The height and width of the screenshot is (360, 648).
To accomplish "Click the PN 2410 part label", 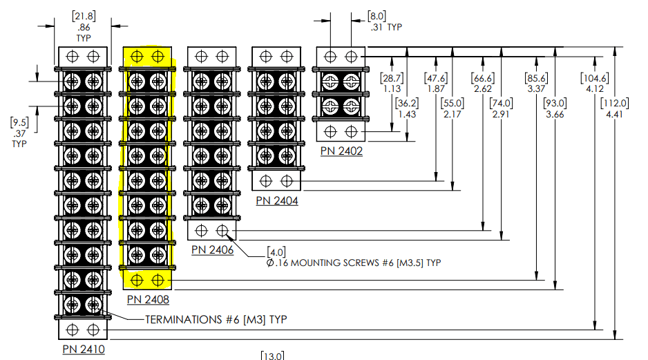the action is pos(84,349).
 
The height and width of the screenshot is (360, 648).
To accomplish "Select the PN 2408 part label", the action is pos(148,300).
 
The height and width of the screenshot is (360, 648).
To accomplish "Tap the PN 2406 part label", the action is pos(212,250).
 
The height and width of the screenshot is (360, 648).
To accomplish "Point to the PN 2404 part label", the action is pos(277,201).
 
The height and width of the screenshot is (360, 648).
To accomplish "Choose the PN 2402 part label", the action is pos(341,151).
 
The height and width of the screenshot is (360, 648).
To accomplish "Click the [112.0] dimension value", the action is pos(615,104).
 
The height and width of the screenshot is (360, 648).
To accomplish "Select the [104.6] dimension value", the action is pos(595,78).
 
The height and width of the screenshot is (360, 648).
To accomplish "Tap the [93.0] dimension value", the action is pos(555,104).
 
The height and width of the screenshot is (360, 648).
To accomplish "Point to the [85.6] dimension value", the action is pos(536,78).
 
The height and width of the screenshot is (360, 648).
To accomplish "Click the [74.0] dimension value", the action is pos(502,104).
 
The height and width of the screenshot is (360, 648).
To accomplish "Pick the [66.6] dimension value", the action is pos(483,78).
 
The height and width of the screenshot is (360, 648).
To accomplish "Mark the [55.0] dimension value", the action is pos(452,104).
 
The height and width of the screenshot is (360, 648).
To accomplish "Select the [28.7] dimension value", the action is pos(392,78).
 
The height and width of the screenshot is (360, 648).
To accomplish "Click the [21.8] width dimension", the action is pos(84,17).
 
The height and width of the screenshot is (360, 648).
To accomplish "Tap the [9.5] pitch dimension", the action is pos(19,123).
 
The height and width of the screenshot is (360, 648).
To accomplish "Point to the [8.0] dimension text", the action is pos(377,17).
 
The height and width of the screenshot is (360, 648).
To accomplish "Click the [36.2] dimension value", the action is pos(407,104).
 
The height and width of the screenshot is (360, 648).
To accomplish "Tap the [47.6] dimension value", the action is pos(436,78).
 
